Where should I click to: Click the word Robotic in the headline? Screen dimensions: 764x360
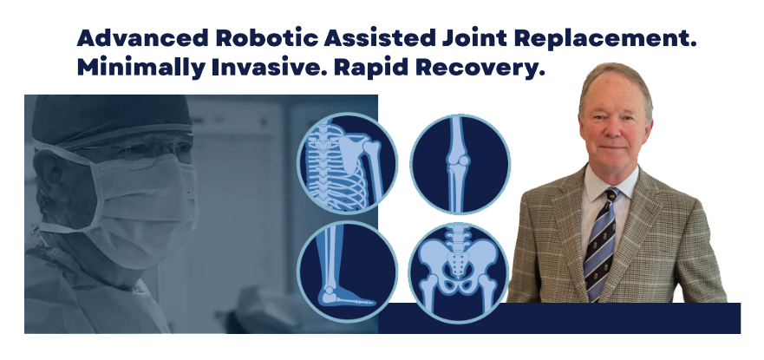(x=266, y=38)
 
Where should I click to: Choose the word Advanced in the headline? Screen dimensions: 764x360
(x=142, y=38)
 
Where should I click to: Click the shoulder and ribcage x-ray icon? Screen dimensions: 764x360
(x=348, y=164)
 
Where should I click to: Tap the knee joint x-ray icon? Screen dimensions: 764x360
(x=460, y=164)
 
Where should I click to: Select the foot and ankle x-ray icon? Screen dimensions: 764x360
(x=348, y=272)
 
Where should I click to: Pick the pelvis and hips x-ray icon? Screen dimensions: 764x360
(x=459, y=272)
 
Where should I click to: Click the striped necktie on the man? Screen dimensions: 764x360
(x=600, y=244)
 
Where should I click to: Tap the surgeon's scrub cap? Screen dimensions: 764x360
(x=111, y=121)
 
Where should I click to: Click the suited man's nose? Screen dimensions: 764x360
(x=613, y=128)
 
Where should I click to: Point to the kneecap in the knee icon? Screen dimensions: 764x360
(x=464, y=160)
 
